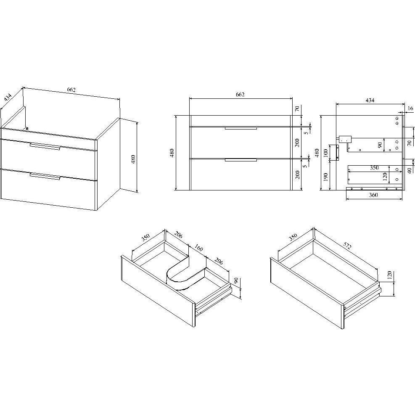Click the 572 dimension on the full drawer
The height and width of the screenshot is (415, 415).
347,246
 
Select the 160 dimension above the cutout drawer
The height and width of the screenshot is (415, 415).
198,248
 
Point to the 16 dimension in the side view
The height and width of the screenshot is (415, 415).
410,108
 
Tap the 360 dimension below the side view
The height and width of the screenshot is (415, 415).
373,195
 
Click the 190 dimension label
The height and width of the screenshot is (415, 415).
326,177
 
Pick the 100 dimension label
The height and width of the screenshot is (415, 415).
326,153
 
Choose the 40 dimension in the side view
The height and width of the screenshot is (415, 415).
410,171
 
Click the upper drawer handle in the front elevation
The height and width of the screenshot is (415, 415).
241,128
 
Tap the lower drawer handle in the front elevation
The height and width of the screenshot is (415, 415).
241,160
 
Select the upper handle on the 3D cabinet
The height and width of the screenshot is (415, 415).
45,146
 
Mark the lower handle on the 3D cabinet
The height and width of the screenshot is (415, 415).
45,176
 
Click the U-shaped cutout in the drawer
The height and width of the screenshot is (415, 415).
185,275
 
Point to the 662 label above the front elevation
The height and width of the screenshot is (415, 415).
240,95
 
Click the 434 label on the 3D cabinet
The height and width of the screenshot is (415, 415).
8,97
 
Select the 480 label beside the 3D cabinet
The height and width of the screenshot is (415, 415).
133,159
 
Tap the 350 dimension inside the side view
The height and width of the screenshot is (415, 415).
374,167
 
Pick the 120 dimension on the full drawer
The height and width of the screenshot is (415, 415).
389,276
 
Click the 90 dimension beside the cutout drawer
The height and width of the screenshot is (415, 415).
236,280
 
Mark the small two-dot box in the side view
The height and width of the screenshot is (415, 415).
345,139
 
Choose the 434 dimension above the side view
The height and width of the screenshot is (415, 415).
370,100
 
